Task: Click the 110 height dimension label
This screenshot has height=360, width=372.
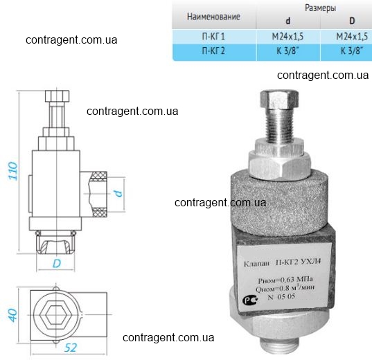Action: click(13, 171)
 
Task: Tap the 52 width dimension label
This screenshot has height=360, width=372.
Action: click(71, 348)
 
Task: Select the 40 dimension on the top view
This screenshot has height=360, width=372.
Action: click(13, 315)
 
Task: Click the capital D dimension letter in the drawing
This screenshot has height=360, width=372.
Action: click(57, 263)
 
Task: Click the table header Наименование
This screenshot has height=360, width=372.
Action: click(213, 17)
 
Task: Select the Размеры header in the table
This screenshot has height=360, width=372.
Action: click(320, 8)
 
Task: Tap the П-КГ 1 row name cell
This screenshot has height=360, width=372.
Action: click(213, 37)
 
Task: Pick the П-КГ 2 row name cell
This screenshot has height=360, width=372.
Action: click(213, 51)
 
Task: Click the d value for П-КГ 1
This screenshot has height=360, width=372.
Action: click(287, 37)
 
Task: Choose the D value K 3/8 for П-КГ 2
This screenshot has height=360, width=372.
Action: click(352, 51)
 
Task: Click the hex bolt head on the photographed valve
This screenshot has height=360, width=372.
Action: click(279, 99)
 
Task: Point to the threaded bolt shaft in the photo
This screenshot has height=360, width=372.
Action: click(280, 126)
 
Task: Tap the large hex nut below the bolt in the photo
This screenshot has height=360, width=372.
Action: click(279, 165)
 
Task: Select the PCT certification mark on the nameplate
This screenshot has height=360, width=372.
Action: click(251, 300)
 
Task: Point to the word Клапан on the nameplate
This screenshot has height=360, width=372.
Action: click(257, 264)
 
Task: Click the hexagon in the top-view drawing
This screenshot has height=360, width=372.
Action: click(56, 315)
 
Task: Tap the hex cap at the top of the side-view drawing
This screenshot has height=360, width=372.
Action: click(57, 96)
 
